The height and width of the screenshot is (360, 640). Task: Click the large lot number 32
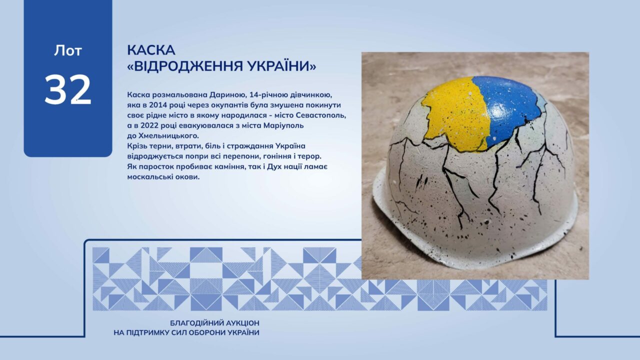(x=68, y=89)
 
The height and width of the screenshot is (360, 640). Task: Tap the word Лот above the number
(x=68, y=50)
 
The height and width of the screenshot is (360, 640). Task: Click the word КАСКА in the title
(x=151, y=50)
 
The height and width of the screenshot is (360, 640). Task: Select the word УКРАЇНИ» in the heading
(x=281, y=66)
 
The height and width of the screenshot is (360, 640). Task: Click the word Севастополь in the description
(x=321, y=115)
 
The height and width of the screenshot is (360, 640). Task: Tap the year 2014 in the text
(x=157, y=105)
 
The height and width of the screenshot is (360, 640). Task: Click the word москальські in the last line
(x=151, y=177)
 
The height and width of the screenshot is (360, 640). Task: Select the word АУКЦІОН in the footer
(x=243, y=323)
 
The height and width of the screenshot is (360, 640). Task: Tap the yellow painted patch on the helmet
(x=454, y=114)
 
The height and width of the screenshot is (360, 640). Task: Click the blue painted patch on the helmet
(x=508, y=108)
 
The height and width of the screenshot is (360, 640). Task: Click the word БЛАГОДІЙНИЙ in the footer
(x=196, y=323)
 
